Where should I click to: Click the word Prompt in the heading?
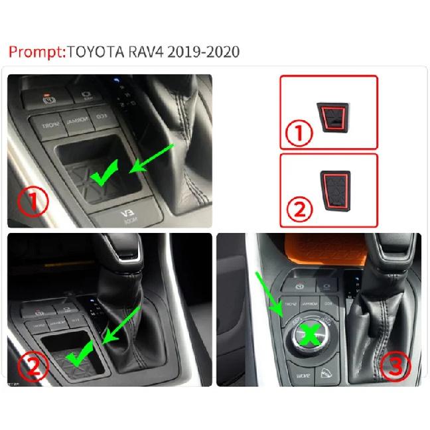[x=34, y=52]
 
